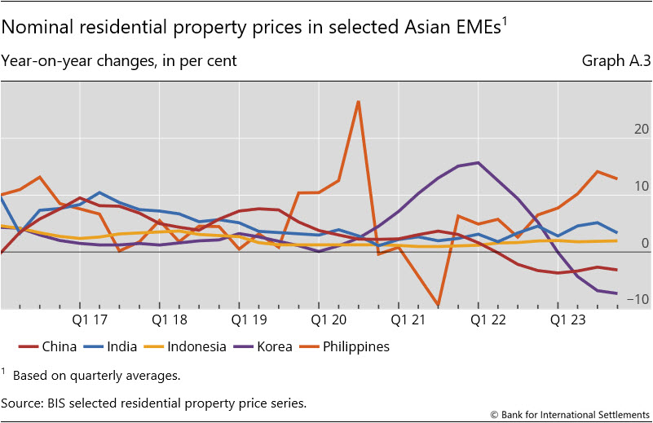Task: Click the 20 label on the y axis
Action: (641, 130)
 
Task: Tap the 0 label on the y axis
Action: (644, 243)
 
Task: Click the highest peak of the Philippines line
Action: (358, 102)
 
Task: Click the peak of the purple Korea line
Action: (478, 163)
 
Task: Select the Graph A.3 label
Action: (615, 61)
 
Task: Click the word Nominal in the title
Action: (33, 27)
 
